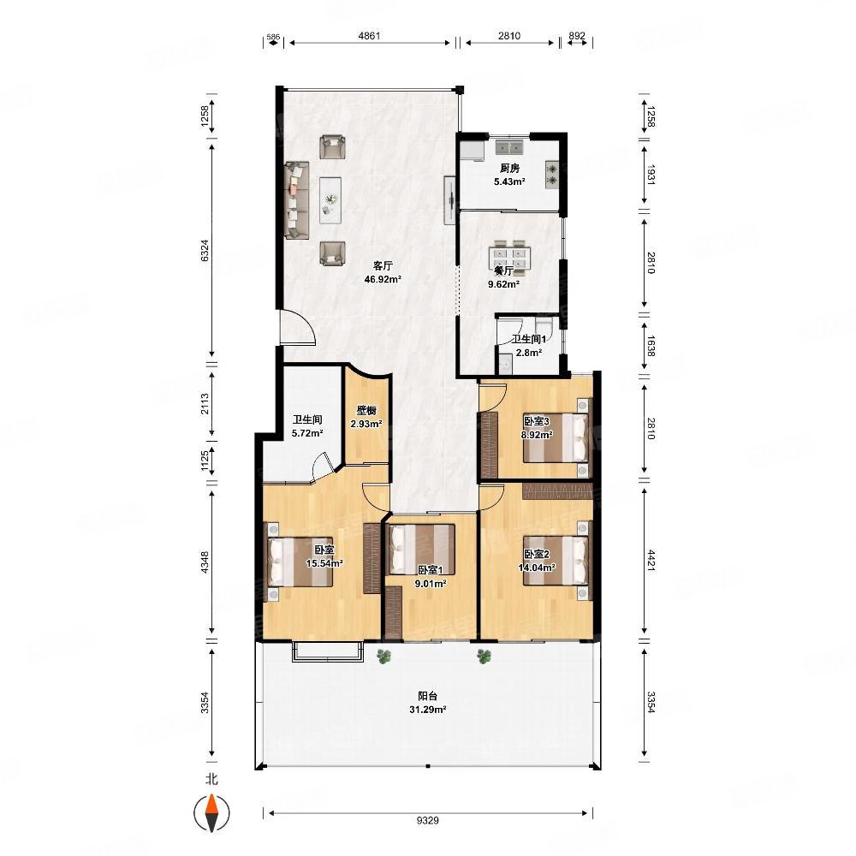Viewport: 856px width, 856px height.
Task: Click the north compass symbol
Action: point(211,813)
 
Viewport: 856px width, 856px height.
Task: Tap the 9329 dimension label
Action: point(427,820)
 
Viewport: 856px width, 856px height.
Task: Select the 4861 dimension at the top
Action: point(369,36)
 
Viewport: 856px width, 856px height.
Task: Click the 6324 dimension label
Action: point(205,251)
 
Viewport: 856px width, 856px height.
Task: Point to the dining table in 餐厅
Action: point(510,256)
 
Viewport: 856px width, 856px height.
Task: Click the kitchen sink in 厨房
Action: point(509,146)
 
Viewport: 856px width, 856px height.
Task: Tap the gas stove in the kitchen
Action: point(552,175)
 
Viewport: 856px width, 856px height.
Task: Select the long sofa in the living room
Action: point(296,199)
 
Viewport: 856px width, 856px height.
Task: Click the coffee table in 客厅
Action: point(330,200)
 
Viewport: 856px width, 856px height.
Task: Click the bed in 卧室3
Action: point(556,438)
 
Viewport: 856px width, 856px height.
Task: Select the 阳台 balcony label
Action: point(427,696)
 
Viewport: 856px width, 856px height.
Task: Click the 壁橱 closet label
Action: point(366,411)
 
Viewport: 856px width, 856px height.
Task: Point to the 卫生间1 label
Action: point(528,339)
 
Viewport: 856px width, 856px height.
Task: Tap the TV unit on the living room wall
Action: point(450,200)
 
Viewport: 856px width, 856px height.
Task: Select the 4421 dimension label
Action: point(651,560)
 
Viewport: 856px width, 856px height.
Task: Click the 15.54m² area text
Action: point(324,563)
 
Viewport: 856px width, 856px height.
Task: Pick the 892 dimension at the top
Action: point(576,36)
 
